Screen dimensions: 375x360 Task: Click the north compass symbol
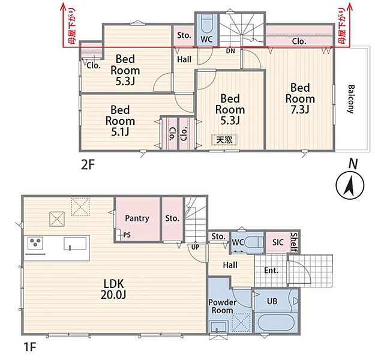350,185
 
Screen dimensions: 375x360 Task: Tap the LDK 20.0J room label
113,289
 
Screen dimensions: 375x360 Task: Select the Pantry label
137,218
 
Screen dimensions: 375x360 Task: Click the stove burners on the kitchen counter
35,242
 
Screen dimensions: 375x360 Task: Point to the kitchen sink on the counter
75,244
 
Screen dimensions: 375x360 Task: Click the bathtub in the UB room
275,323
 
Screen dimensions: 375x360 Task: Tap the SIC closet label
278,242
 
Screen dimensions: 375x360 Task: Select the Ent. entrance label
271,271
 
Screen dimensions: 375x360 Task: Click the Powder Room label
222,307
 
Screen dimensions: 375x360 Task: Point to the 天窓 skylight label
224,140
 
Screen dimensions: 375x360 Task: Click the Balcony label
350,99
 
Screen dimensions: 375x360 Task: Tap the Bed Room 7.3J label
300,98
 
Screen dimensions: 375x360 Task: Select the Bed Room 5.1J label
120,121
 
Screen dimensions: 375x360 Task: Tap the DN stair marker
230,51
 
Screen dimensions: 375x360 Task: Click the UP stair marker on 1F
195,247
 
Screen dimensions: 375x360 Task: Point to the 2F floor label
88,165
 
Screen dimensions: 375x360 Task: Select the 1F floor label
29,347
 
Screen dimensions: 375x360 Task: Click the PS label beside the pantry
127,235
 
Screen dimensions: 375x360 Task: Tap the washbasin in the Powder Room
218,327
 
